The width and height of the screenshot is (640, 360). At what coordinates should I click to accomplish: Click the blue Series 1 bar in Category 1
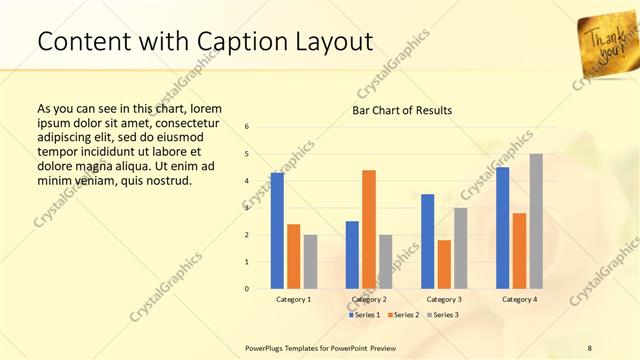point(277,231)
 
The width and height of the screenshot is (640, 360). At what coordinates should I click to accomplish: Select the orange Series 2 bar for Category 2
point(369,229)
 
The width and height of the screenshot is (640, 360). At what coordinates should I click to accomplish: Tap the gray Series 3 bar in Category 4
point(536,221)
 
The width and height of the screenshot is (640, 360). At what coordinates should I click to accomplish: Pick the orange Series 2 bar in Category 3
point(444,264)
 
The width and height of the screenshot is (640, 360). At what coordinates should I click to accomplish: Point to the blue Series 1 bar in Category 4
point(502,228)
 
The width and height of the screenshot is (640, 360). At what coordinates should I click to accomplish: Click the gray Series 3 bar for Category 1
point(310,262)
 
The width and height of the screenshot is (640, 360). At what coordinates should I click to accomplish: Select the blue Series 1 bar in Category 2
point(352,255)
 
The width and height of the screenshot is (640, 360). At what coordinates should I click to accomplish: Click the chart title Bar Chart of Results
point(402,109)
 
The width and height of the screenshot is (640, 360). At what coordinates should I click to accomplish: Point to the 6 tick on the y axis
point(246,126)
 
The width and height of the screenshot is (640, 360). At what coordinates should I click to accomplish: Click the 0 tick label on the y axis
point(246,289)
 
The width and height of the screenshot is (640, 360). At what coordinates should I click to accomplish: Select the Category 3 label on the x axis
point(443,299)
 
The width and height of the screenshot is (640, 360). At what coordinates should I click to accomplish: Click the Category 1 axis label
point(293,299)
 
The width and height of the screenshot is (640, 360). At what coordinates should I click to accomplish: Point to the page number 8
point(589,347)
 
